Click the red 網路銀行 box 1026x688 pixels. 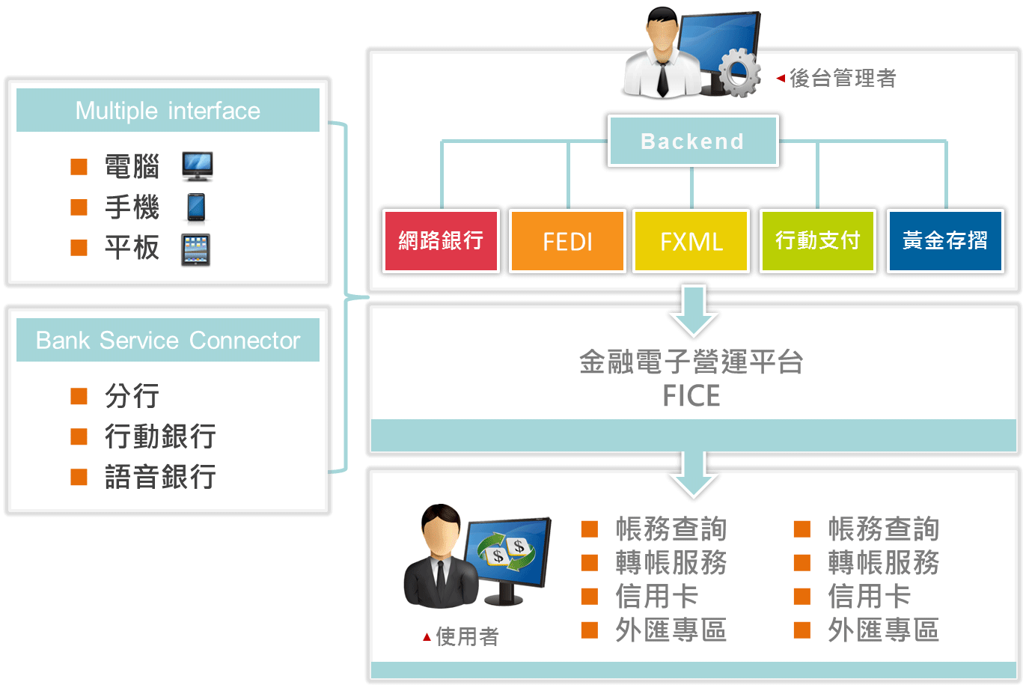pos(441,241)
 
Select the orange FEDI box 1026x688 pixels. pos(567,241)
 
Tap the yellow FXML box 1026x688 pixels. pos(691,241)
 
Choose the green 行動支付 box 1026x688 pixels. pos(818,241)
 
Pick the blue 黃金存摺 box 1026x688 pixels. pos(945,241)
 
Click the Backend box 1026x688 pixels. pos(692,141)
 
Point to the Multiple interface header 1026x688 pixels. pos(168,111)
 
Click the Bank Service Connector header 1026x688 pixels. pos(168,341)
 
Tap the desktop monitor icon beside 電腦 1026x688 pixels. pos(198,166)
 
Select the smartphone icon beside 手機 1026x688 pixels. pos(196,207)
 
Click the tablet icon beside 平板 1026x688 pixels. pos(196,249)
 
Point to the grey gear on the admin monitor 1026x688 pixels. pos(739,73)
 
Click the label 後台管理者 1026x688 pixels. pos(843,78)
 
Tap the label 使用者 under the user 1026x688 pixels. pos(467,637)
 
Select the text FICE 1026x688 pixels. pos(691,396)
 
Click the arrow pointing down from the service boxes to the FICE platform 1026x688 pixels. pos(694,310)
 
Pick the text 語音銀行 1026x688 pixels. pos(161,477)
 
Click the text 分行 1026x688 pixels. pos(132,396)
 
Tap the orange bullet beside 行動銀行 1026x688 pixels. pos(79,436)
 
